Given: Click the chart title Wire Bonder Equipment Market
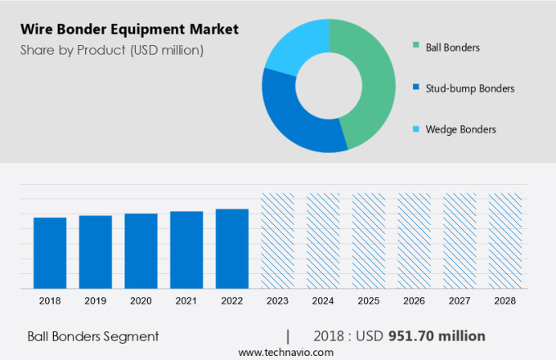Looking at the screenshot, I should pos(131,29).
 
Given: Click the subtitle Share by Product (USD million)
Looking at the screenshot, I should pos(112,51).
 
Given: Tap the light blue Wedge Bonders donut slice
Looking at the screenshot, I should pos(294,45).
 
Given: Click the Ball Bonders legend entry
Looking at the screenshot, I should pos(452,47).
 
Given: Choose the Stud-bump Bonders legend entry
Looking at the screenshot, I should pos(469,88).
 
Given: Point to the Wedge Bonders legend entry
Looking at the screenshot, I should pos(460,128).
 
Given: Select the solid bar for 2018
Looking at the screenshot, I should pos(50,253).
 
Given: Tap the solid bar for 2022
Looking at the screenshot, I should pos(232,249).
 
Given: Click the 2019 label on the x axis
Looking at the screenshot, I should pos(95,301).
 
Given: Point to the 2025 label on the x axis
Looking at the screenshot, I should pos(369,301).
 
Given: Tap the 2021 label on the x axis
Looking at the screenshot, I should pos(186,301).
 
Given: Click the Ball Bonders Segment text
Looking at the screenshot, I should pos(92,336).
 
